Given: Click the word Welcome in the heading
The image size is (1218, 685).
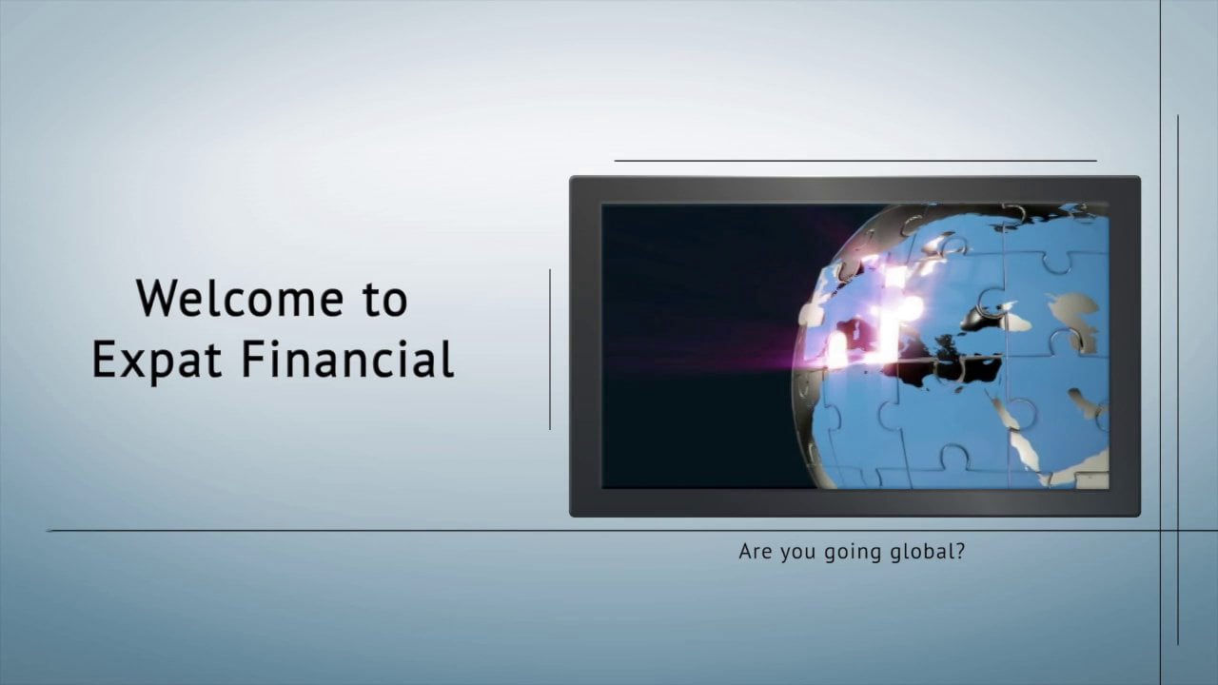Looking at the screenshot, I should click(240, 299).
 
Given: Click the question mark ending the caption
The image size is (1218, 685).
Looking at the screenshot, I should click(960, 551).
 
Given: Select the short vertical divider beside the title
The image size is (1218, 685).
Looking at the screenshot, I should click(550, 349).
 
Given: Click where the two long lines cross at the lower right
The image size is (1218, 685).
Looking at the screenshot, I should click(1160, 531).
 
